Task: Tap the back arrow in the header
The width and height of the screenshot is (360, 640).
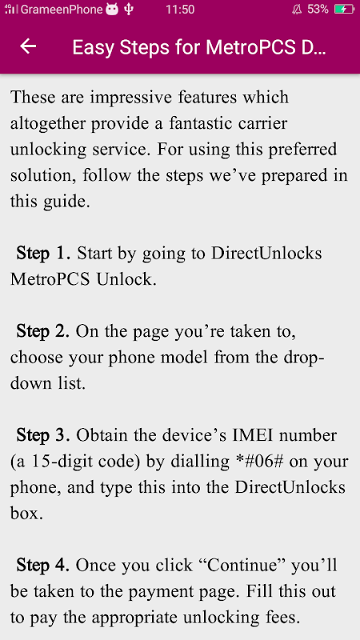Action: click(28, 46)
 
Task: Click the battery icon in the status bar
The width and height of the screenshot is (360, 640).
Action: click(345, 10)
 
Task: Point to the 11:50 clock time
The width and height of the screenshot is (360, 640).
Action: click(180, 10)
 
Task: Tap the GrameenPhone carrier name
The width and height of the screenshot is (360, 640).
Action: click(62, 10)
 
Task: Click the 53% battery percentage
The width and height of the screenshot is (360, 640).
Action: click(318, 10)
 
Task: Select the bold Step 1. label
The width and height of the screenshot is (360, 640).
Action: click(44, 254)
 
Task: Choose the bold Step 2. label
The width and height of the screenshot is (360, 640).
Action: click(43, 332)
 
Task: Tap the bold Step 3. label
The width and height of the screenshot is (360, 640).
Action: click(43, 436)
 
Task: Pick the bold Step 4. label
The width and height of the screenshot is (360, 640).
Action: click(43, 566)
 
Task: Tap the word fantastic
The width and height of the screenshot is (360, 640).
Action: click(202, 123)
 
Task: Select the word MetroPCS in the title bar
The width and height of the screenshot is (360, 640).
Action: click(249, 47)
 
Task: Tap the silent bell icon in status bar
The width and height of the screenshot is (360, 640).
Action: click(297, 10)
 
